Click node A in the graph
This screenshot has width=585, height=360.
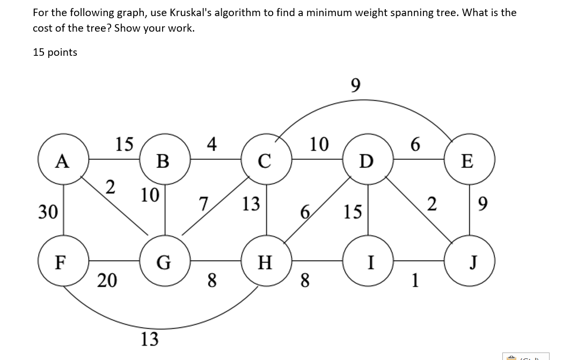coord(63,160)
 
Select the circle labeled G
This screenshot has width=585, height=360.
coord(164,262)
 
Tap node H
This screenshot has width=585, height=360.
coord(266,262)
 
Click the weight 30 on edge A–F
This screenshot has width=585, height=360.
coord(48,212)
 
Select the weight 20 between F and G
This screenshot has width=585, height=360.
coord(107,280)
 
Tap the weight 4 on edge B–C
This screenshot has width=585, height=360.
coord(212,144)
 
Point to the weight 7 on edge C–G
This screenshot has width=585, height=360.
coord(203,204)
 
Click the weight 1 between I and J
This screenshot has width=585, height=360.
coord(415,280)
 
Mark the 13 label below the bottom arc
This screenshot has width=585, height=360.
coord(150,339)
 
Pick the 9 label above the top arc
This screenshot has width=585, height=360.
coord(355,85)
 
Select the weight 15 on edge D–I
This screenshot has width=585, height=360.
coord(353,212)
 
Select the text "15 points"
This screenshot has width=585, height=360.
coord(55,52)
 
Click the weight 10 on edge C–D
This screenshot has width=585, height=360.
coord(319,144)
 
